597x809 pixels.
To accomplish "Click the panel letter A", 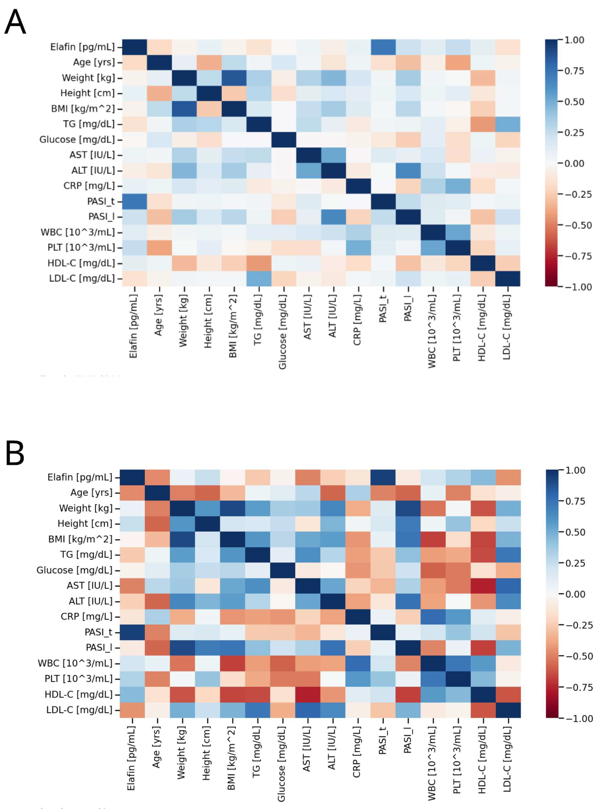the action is pyautogui.click(x=15, y=22).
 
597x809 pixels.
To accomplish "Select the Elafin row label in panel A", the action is pyautogui.click(x=82, y=47).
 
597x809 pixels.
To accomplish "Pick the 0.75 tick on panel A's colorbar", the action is pyautogui.click(x=574, y=71).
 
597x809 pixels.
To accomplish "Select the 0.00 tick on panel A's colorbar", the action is pyautogui.click(x=574, y=163).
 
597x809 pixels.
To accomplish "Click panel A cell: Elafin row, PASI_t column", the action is pyautogui.click(x=383, y=47).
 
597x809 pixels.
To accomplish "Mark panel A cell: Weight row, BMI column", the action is pyautogui.click(x=234, y=78).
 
